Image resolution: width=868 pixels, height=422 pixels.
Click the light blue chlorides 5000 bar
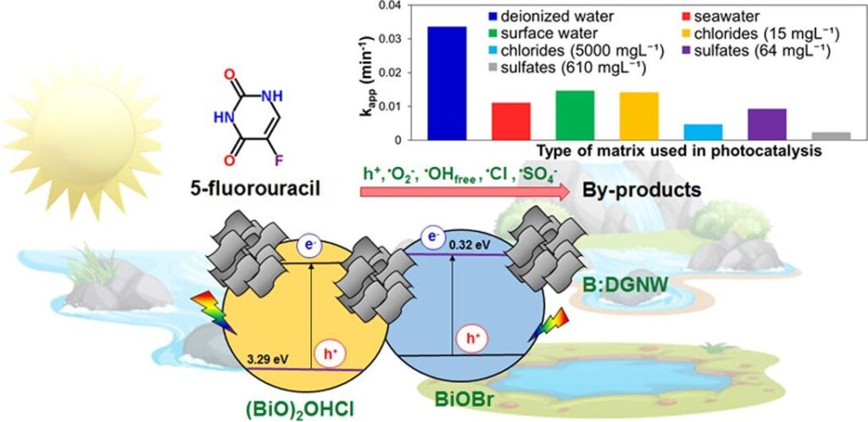pos(703,132)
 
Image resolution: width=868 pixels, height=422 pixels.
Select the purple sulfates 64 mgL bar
pos(766,124)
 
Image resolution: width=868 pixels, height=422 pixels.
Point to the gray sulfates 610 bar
pos(831,136)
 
